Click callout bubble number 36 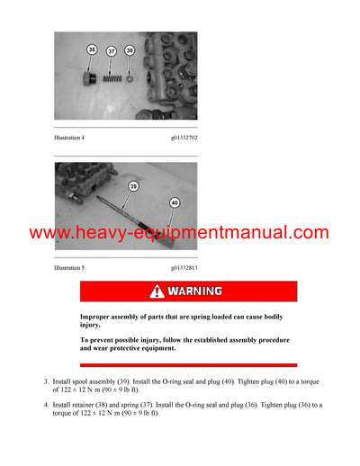(92, 49)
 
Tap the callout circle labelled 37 (112, 51)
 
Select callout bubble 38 (130, 51)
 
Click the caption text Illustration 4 (74, 139)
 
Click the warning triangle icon (157, 291)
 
